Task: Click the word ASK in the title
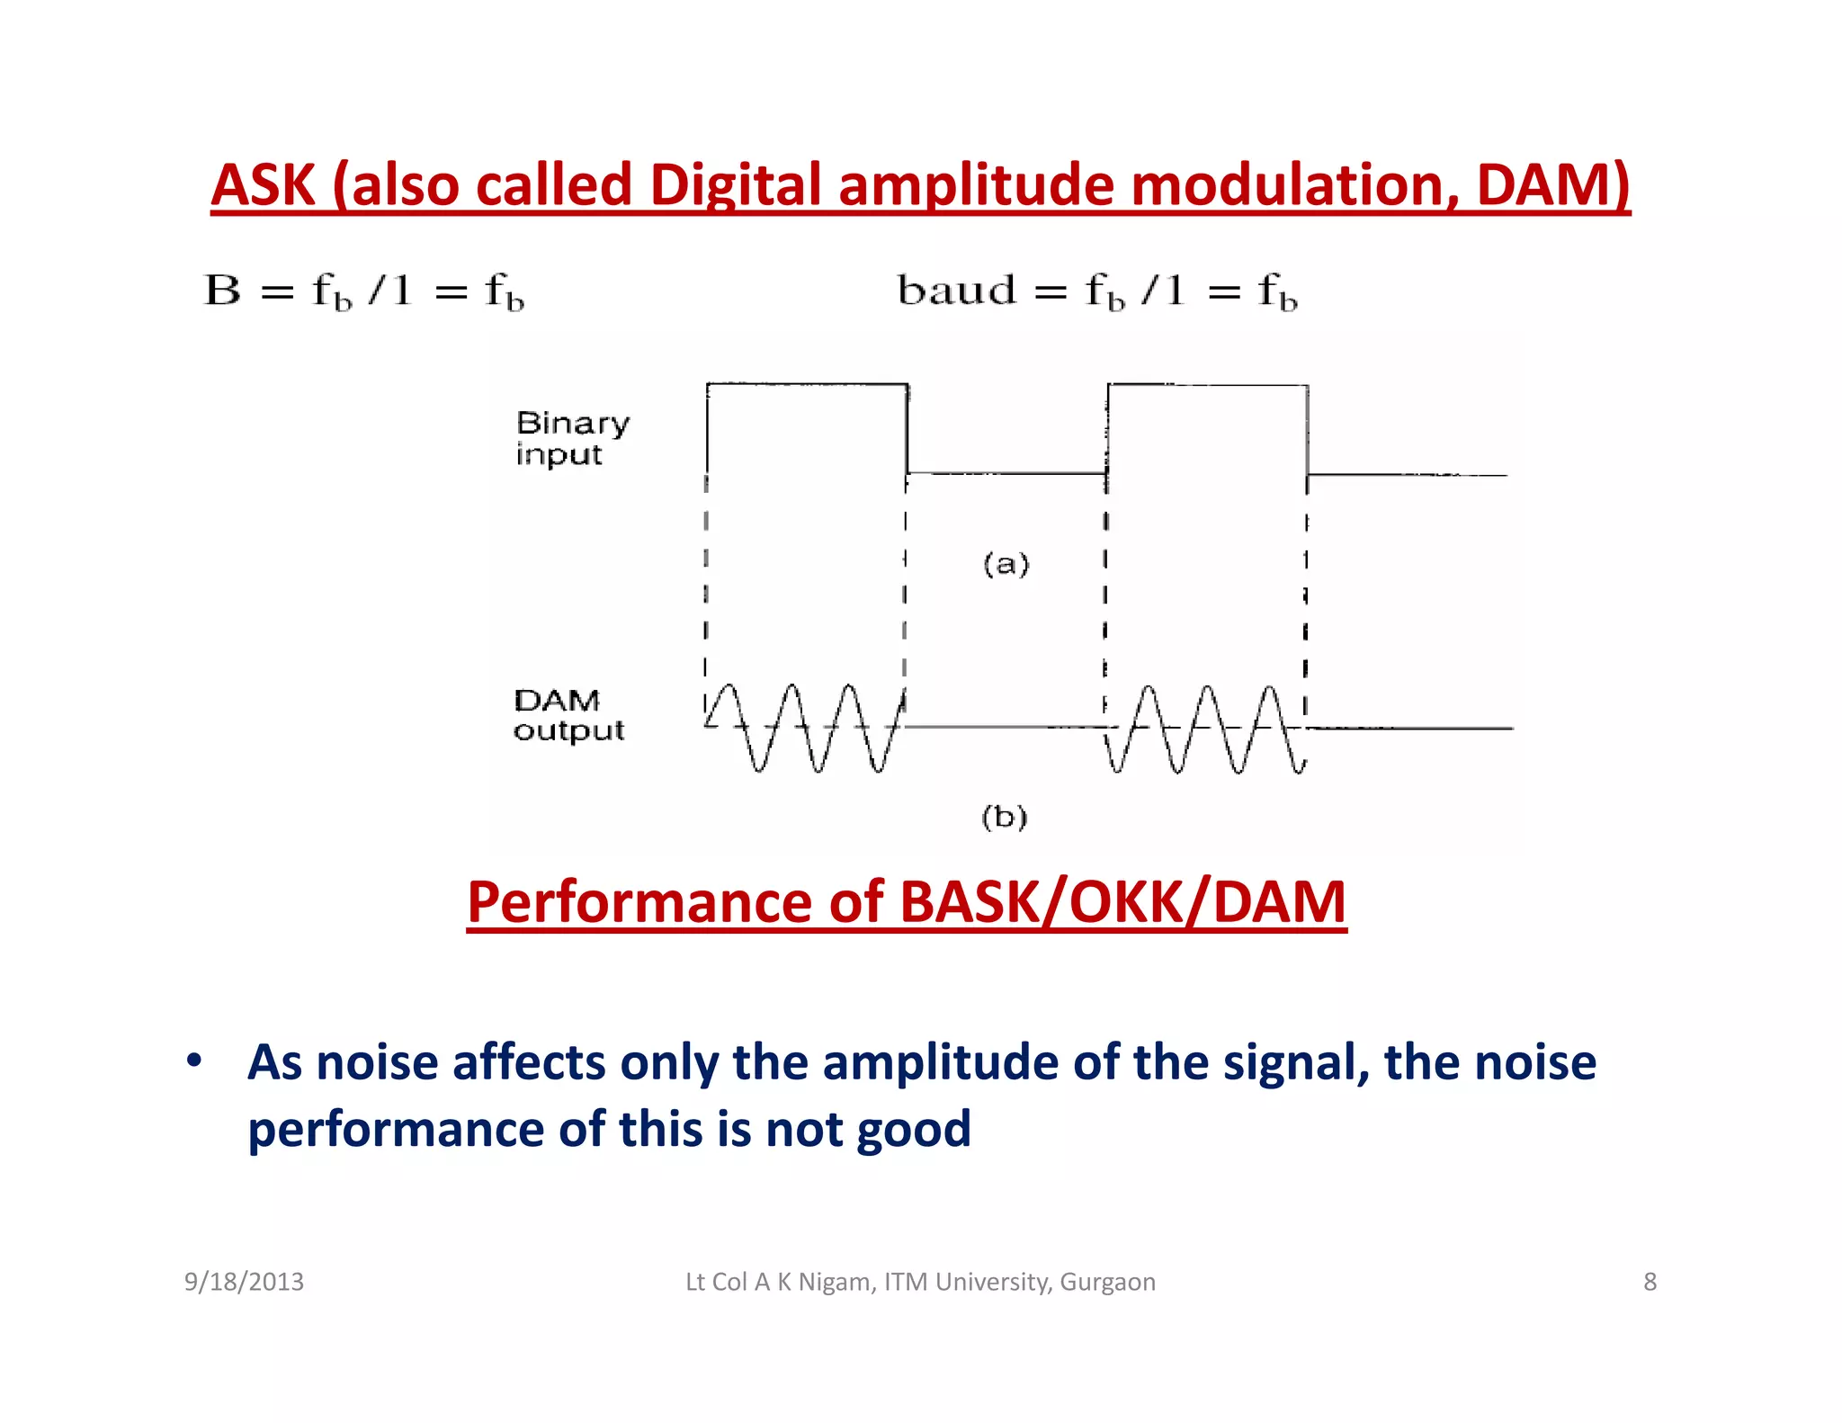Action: click(x=263, y=185)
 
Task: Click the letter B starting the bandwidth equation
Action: click(x=223, y=291)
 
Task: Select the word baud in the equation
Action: click(x=956, y=291)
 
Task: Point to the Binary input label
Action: click(x=571, y=438)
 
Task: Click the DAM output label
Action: click(x=568, y=715)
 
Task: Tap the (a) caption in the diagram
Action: click(x=1006, y=564)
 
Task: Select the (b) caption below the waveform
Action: click(x=1004, y=817)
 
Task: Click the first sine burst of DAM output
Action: click(x=805, y=727)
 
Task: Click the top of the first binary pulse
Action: click(x=807, y=384)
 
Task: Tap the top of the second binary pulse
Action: click(x=1207, y=385)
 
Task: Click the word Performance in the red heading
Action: click(x=639, y=902)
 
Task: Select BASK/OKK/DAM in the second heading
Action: click(x=1122, y=902)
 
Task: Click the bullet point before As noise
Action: click(x=194, y=1061)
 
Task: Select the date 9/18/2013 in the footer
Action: click(x=244, y=1282)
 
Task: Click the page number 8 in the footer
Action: click(x=1650, y=1282)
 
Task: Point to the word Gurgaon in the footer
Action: click(x=1107, y=1282)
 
